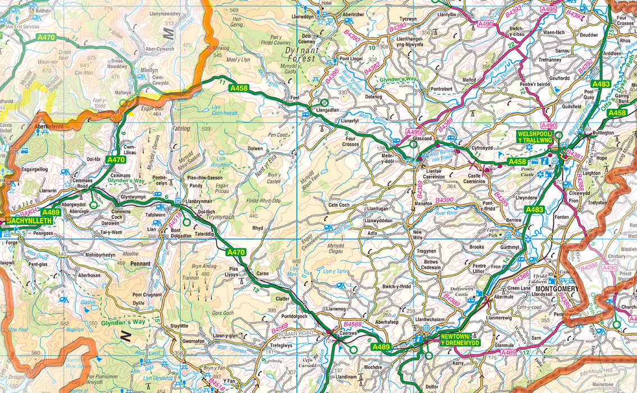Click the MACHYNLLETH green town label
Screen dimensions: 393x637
29,221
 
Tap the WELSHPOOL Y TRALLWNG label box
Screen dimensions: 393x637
535,137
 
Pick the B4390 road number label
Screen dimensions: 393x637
444,200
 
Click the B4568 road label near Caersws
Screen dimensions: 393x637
353,325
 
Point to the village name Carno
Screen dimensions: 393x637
262,274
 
